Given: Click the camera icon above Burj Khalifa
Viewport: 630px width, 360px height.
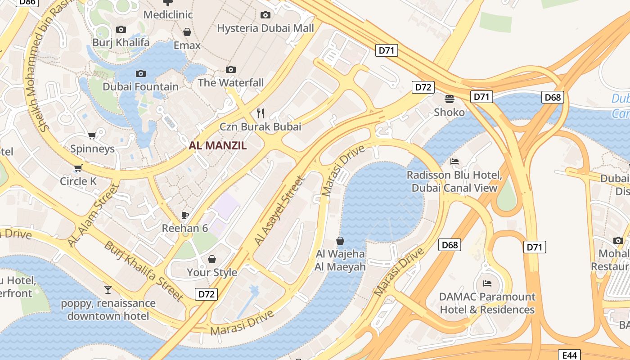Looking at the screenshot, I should coord(121,30).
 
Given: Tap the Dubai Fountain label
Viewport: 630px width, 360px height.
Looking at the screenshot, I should coord(140,86).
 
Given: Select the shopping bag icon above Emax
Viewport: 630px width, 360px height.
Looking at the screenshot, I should coord(187,32).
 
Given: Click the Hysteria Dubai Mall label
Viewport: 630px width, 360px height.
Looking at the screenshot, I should coord(265,28).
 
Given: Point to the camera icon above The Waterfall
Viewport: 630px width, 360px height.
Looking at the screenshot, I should coord(231,69).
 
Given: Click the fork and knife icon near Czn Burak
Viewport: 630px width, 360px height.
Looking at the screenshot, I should coord(260,112).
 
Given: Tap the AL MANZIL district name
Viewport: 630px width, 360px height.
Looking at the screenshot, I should coord(218,145).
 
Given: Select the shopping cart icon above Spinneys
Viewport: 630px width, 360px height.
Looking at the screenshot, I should coord(92,135).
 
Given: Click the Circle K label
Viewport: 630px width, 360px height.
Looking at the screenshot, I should coord(78,181).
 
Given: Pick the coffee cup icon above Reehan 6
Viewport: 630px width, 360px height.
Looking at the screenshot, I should coord(184,215).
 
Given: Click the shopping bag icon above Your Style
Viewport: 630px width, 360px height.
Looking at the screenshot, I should coord(212,259).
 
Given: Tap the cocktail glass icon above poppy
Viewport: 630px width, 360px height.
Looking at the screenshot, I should coord(108,289).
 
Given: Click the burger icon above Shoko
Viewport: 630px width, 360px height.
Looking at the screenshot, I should coord(449,99).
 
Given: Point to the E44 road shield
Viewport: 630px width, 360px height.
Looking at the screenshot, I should coord(569,355).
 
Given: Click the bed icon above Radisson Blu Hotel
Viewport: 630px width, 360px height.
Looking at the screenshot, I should coord(454,162).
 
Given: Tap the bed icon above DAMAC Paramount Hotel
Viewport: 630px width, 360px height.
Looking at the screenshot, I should coord(487,283).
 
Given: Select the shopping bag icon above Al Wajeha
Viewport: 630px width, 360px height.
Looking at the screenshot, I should coord(340,241).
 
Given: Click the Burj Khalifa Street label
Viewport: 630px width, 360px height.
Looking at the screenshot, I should coord(144,271).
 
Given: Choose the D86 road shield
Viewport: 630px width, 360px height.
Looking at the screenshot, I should coord(27,2).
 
